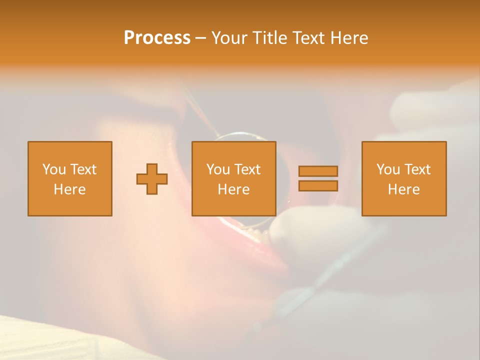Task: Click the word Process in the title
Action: pyautogui.click(x=157, y=38)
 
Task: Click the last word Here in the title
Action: pyautogui.click(x=349, y=38)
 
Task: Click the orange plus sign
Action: pyautogui.click(x=152, y=178)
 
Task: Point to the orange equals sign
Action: pyautogui.click(x=318, y=178)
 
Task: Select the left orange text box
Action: pyautogui.click(x=69, y=178)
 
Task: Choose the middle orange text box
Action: pyautogui.click(x=233, y=178)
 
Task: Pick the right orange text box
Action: pyautogui.click(x=403, y=178)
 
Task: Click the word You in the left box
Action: pyautogui.click(x=53, y=169)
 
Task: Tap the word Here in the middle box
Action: pyautogui.click(x=233, y=189)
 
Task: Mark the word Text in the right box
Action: pyautogui.click(x=417, y=169)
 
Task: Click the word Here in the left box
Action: pyautogui.click(x=69, y=189)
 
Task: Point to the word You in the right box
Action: pyautogui.click(x=387, y=169)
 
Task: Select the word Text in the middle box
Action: pyautogui.click(x=247, y=169)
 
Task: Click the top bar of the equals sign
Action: pyautogui.click(x=318, y=171)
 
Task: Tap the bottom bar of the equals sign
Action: pyautogui.click(x=318, y=186)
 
